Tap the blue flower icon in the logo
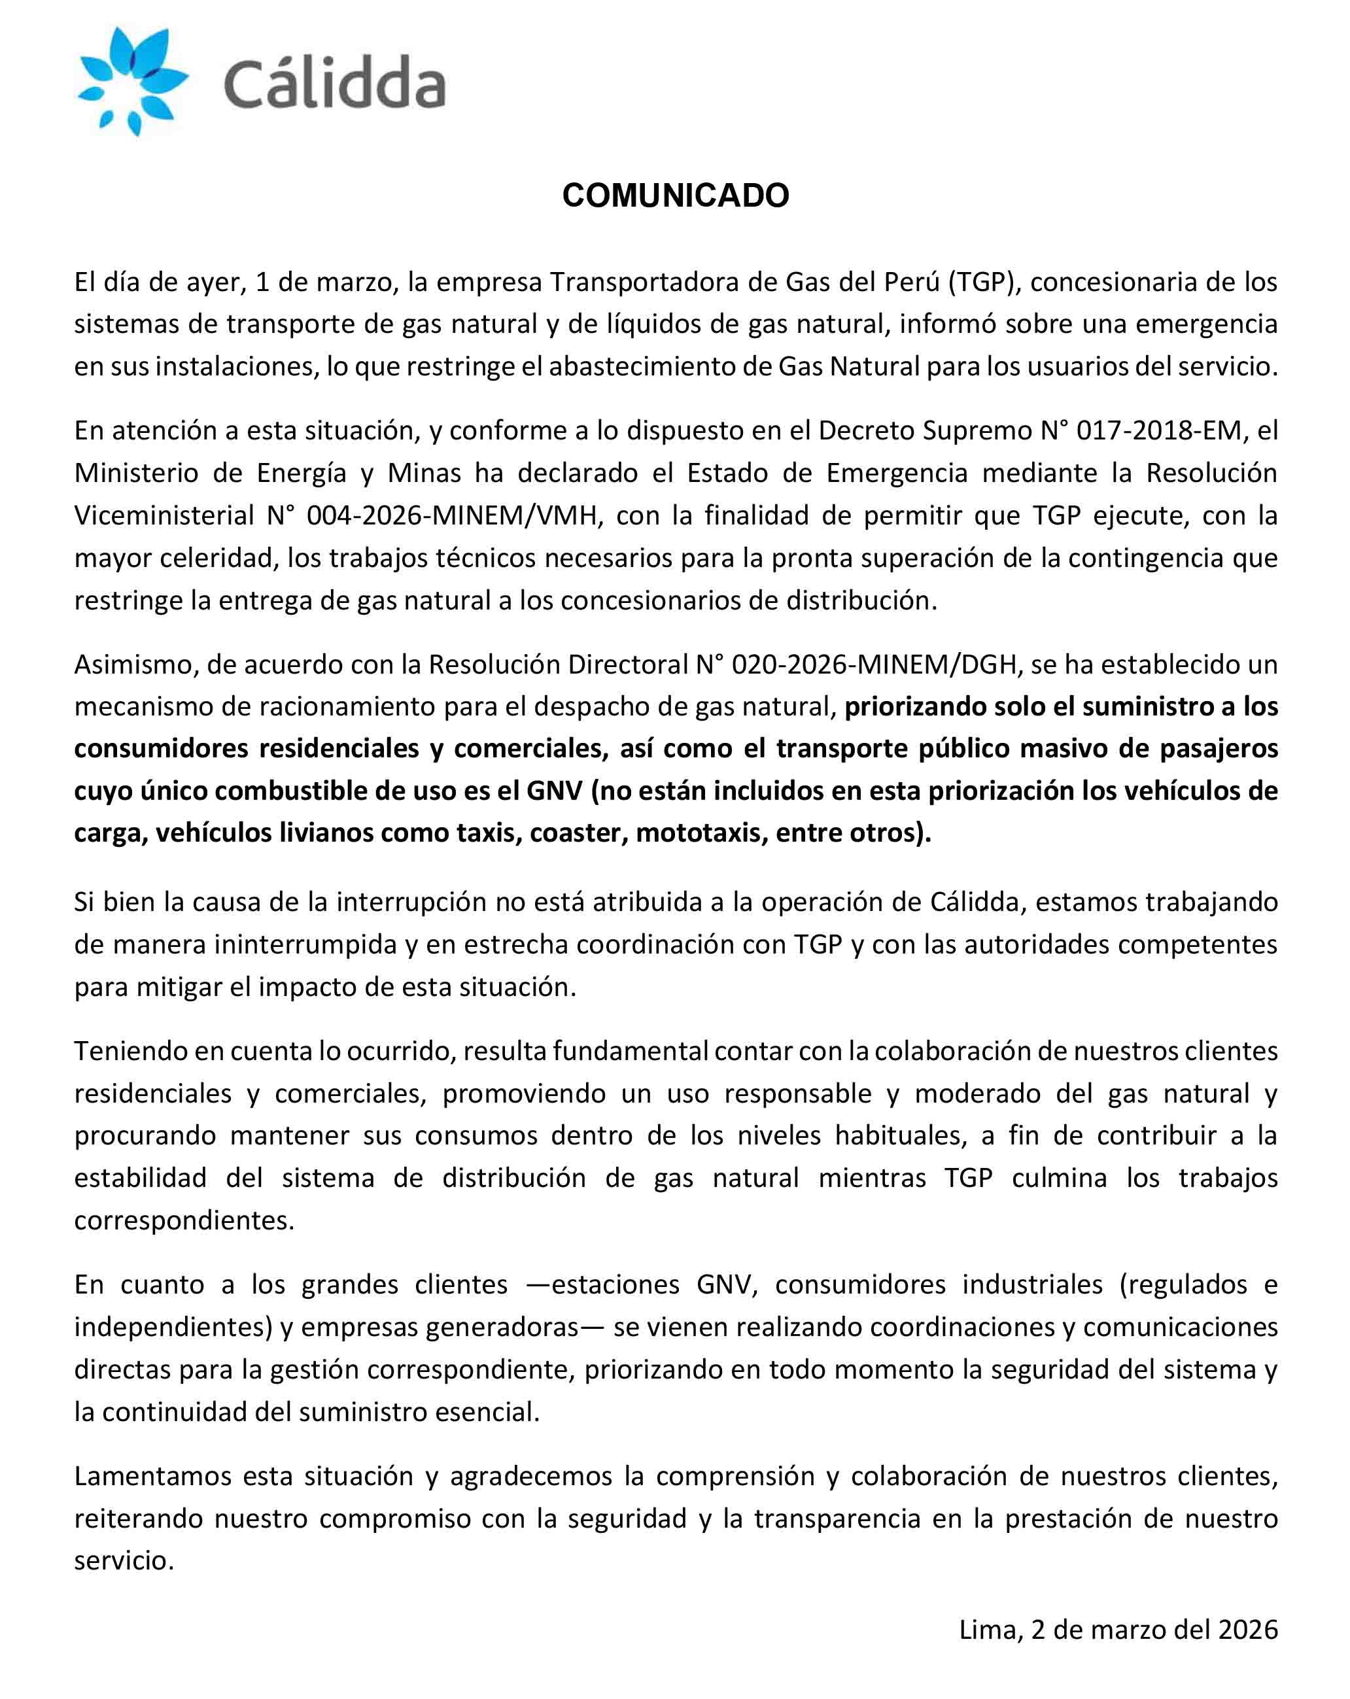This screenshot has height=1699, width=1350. (131, 80)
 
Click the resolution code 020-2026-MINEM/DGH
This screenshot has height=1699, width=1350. (874, 664)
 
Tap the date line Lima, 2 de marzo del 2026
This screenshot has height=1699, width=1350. (1118, 1629)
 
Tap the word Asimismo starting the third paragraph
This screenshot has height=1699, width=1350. (134, 664)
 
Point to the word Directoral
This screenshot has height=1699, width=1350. (627, 664)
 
